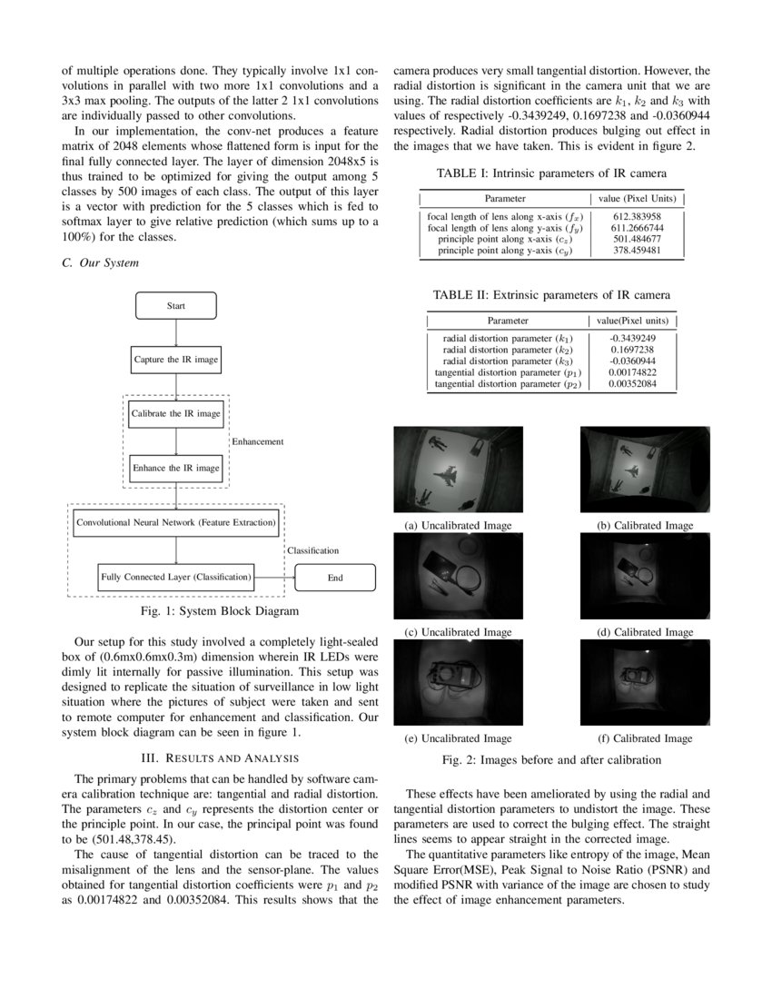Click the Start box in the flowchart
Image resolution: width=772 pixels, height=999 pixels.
(176, 306)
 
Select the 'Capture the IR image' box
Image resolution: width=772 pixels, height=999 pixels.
(176, 360)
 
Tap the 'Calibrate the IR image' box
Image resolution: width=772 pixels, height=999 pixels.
(176, 413)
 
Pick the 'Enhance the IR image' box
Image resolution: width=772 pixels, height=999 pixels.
(176, 468)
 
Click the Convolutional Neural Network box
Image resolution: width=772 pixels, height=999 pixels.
(176, 523)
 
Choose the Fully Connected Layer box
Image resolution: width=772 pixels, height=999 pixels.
(176, 577)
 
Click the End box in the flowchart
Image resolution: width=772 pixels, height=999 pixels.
(335, 578)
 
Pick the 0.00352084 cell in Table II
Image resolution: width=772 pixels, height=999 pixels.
(632, 384)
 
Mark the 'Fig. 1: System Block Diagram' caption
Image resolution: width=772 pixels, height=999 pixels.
(222, 610)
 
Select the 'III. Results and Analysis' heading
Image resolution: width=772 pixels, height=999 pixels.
(223, 757)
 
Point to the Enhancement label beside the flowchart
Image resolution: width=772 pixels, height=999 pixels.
(259, 441)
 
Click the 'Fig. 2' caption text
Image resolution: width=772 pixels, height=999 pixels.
(551, 759)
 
